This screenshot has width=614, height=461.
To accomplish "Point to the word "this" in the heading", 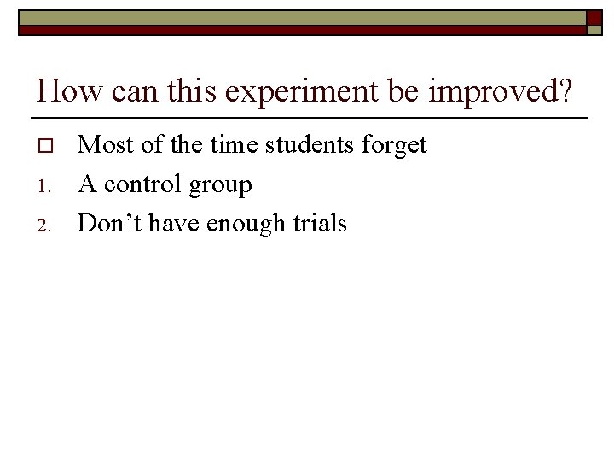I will coord(194,90).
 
